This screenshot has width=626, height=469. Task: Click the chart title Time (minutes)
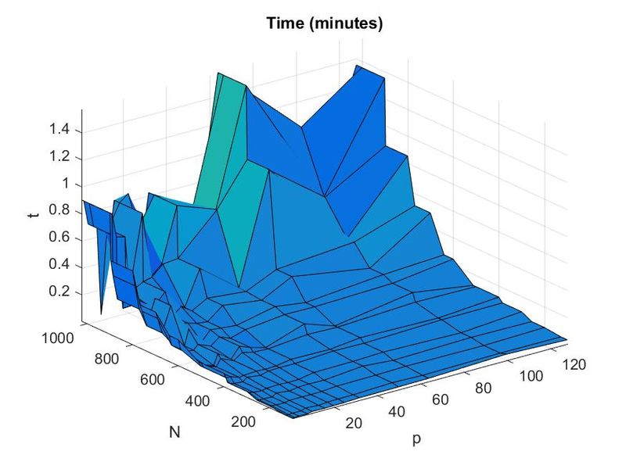pos(325,23)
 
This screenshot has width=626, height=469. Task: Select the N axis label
pos(174,431)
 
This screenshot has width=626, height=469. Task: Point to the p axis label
pos(416,439)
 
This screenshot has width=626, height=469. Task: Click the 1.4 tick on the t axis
pos(59,129)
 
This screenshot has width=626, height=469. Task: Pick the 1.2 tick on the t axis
pos(59,156)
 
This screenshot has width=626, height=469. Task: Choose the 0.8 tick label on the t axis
pos(59,210)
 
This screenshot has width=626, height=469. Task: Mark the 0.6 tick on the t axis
pos(59,238)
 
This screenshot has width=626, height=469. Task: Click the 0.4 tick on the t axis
pos(59,264)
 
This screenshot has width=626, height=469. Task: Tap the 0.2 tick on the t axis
pos(59,291)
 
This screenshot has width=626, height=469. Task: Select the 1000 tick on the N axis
pos(58,338)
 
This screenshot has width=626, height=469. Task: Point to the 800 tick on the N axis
pos(106,359)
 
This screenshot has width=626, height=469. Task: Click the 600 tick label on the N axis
pos(152,380)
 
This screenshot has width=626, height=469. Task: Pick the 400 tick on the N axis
pos(198,401)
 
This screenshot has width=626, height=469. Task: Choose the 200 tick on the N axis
pos(243,421)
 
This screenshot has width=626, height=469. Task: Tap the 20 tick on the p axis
pos(354,423)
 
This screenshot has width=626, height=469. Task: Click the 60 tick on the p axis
pos(441,399)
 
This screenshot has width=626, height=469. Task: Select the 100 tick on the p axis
pos(531,376)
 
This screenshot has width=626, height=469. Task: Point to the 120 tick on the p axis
pos(574,364)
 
